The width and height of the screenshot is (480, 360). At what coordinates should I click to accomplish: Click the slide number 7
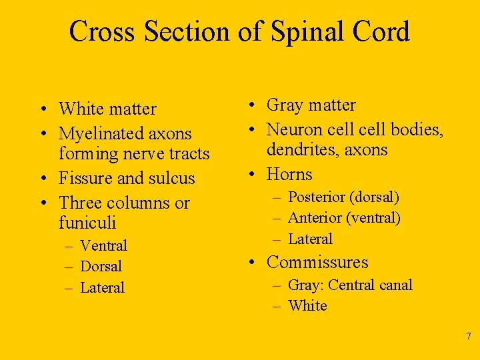pos(469,335)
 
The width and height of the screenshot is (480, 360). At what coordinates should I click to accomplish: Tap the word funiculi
pos(87,222)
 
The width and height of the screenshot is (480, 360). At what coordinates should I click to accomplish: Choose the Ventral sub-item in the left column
pos(103,246)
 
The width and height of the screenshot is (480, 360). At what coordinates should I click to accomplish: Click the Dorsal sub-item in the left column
pos(101,267)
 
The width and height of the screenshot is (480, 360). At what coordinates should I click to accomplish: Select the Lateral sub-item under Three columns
pos(102,288)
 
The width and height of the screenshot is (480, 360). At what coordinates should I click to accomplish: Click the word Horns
pos(289,175)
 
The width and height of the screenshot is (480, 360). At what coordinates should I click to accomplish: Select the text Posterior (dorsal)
pos(343,197)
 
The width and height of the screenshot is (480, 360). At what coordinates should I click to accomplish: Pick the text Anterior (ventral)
pos(344,218)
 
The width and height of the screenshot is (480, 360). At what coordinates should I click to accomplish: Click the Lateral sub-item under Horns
pos(310,239)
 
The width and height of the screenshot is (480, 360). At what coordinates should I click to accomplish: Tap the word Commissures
pos(317,263)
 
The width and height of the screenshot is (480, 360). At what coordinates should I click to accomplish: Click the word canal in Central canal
pos(396,285)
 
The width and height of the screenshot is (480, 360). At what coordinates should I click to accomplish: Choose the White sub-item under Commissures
pos(307,306)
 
